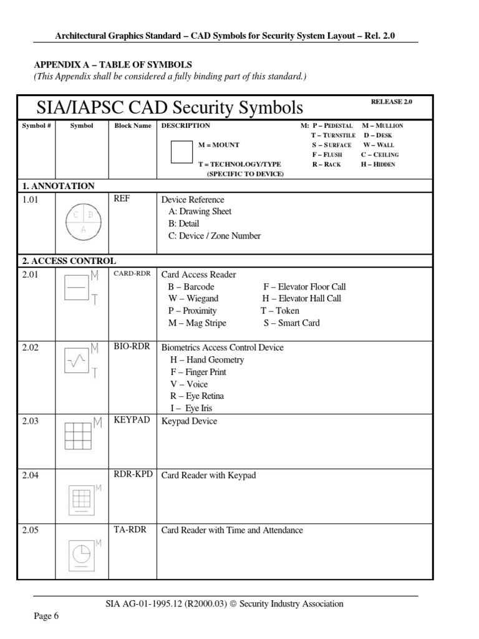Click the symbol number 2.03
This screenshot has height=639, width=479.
pos(30,421)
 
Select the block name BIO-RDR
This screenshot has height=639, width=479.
pos(132,347)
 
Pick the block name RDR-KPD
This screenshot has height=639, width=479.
pos(133,475)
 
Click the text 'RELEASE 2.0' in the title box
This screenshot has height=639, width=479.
pos(391,102)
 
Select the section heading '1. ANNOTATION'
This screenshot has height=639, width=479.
pos(58,186)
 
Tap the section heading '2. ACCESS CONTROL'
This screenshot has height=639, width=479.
pos(69,261)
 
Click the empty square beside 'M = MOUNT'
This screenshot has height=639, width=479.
pos(181,152)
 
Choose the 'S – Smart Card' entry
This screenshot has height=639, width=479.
pos(291,323)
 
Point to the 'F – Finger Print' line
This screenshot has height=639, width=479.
pos(198,372)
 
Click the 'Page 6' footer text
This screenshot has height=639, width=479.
pos(46,617)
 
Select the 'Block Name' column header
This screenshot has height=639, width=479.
pos(132,125)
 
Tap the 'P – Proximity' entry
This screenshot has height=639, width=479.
pos(192,311)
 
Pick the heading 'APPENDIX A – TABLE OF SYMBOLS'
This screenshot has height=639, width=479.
pos(112,65)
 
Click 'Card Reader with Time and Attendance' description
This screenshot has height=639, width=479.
pos(232,530)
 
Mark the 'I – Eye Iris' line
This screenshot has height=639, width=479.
pos(191,408)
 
